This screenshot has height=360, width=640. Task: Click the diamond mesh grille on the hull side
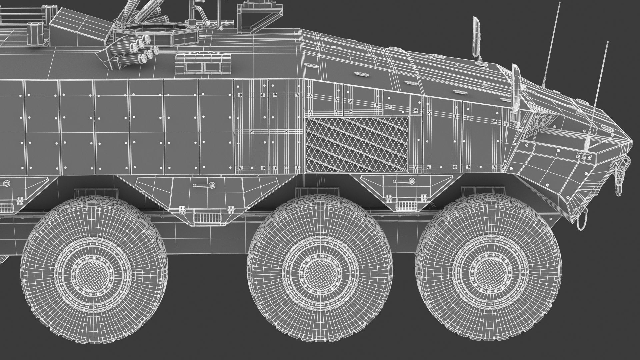coord(357,144)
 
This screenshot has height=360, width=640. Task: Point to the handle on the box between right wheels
coord(403,181)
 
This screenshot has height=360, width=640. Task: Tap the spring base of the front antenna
coord(589,143)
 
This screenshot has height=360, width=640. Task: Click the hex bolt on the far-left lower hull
coord(6,183)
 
